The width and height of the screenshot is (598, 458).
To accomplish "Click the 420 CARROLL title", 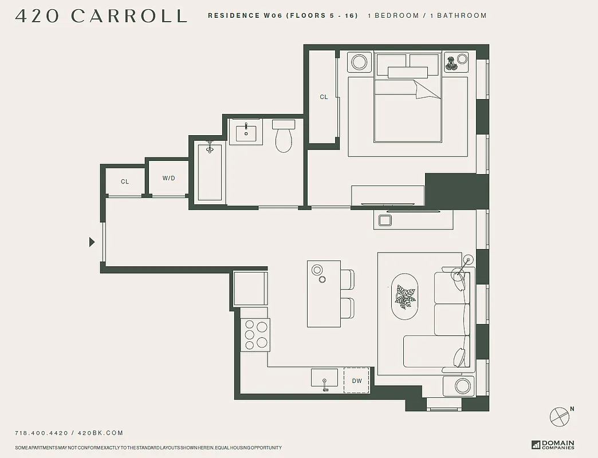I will click(101, 16).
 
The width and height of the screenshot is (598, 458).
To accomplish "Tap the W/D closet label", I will click(168, 179).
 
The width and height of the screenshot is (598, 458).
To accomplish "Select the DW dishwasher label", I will click(357, 381).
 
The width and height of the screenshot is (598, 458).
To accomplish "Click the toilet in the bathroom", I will click(284, 138).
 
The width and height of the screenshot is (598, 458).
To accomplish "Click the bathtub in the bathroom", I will click(210, 172).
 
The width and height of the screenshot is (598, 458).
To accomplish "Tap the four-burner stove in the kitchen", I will click(255, 334).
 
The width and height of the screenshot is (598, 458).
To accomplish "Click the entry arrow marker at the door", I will click(92, 242).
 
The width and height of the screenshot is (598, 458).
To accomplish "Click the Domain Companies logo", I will click(553, 445).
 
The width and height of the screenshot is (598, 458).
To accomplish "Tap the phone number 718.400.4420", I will click(41, 433).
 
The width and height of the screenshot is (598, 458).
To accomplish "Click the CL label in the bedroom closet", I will click(324, 97).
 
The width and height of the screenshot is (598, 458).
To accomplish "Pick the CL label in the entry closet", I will click(125, 182).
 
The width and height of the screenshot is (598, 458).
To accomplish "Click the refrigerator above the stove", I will click(250, 289).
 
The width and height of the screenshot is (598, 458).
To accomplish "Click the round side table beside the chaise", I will click(462, 386).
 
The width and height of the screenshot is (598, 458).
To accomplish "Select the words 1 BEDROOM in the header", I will click(394, 16).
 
